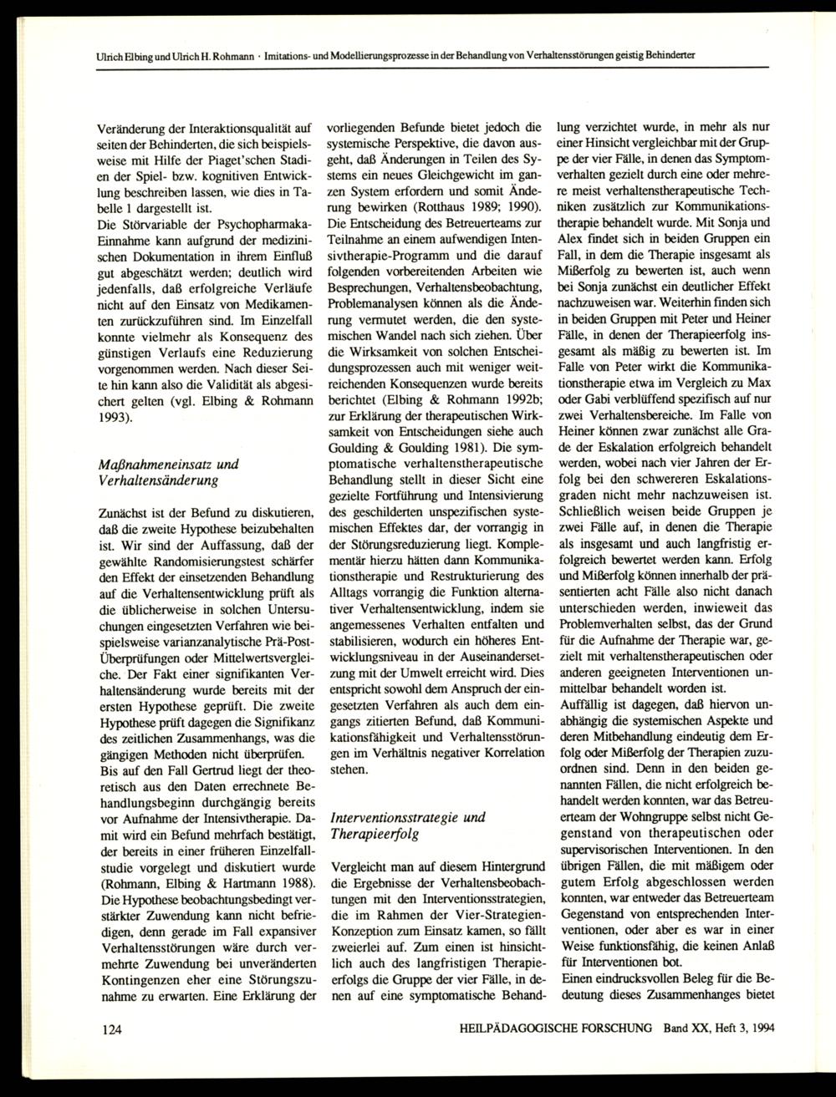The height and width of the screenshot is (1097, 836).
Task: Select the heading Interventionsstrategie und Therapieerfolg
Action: pyautogui.click(x=409, y=825)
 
